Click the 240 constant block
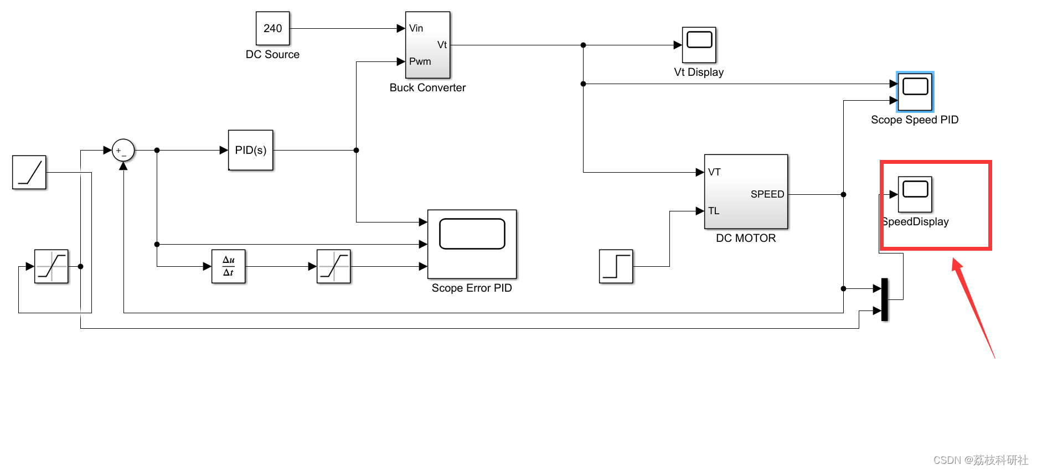(x=272, y=28)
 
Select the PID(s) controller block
(x=250, y=150)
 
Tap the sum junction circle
(x=123, y=150)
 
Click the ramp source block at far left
(x=29, y=172)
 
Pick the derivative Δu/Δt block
(x=228, y=266)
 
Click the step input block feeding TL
(x=616, y=266)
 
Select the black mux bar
(x=884, y=299)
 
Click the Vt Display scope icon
(x=699, y=45)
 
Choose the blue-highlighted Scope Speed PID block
(x=915, y=92)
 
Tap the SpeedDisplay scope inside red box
(x=915, y=194)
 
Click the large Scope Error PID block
(x=472, y=244)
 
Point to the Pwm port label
(x=420, y=61)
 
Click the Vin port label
(x=416, y=28)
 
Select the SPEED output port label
(x=767, y=194)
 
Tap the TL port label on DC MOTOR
(x=714, y=211)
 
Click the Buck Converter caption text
(x=427, y=87)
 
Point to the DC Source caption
(x=272, y=54)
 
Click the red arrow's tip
(x=955, y=261)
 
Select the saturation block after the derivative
(x=333, y=266)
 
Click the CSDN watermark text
(x=980, y=460)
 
